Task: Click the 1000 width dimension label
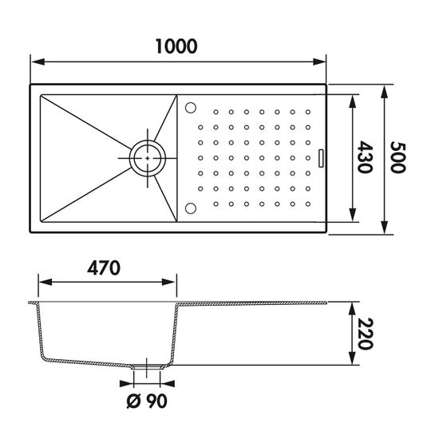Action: coord(176,46)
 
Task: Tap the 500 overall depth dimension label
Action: coord(397,157)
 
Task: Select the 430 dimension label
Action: coord(365,157)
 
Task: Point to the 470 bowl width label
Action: coord(104,268)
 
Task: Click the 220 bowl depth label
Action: coord(366,334)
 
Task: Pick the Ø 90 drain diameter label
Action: coord(147,401)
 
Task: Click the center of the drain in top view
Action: coord(148,158)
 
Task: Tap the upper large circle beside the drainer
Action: coord(191,108)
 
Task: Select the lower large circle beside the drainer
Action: coord(191,208)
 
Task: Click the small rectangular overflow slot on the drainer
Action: coord(321,158)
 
